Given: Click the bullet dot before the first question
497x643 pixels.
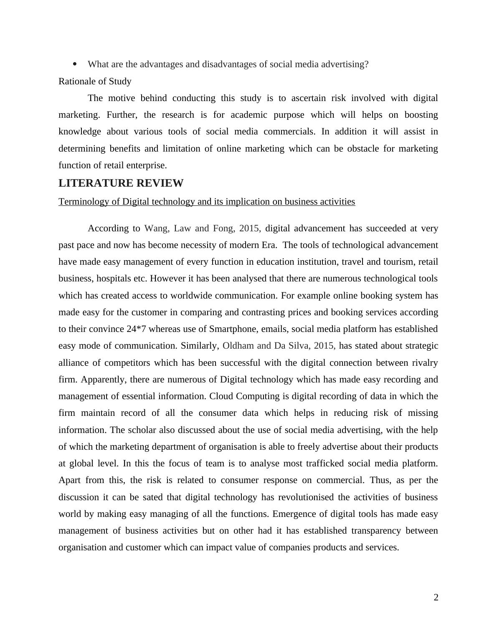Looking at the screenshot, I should (x=75, y=64).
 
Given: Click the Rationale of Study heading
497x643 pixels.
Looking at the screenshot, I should (x=95, y=81).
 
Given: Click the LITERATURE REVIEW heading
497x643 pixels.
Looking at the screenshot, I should (x=121, y=183).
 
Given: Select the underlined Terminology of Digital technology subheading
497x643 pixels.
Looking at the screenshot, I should (x=207, y=202).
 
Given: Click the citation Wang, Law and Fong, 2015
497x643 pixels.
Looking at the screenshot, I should (x=202, y=228).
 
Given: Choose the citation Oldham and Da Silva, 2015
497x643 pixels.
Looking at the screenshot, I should (x=279, y=346).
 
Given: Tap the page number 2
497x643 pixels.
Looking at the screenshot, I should (x=436, y=598).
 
